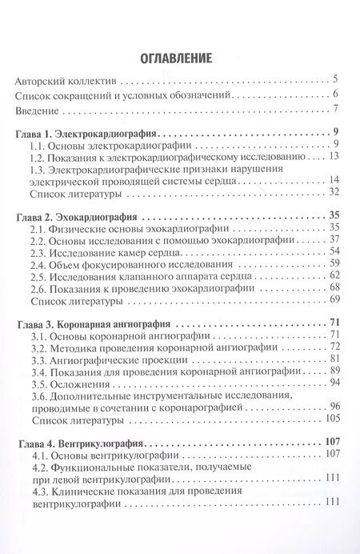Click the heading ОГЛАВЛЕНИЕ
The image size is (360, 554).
(x=179, y=58)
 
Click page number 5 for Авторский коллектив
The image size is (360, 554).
(x=337, y=80)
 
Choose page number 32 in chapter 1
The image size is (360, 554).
(x=335, y=192)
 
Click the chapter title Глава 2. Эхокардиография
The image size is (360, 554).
(x=82, y=216)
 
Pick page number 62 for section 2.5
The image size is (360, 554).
(x=335, y=276)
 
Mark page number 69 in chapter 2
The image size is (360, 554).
(x=335, y=300)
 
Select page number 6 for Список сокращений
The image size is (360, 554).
(x=337, y=95)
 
